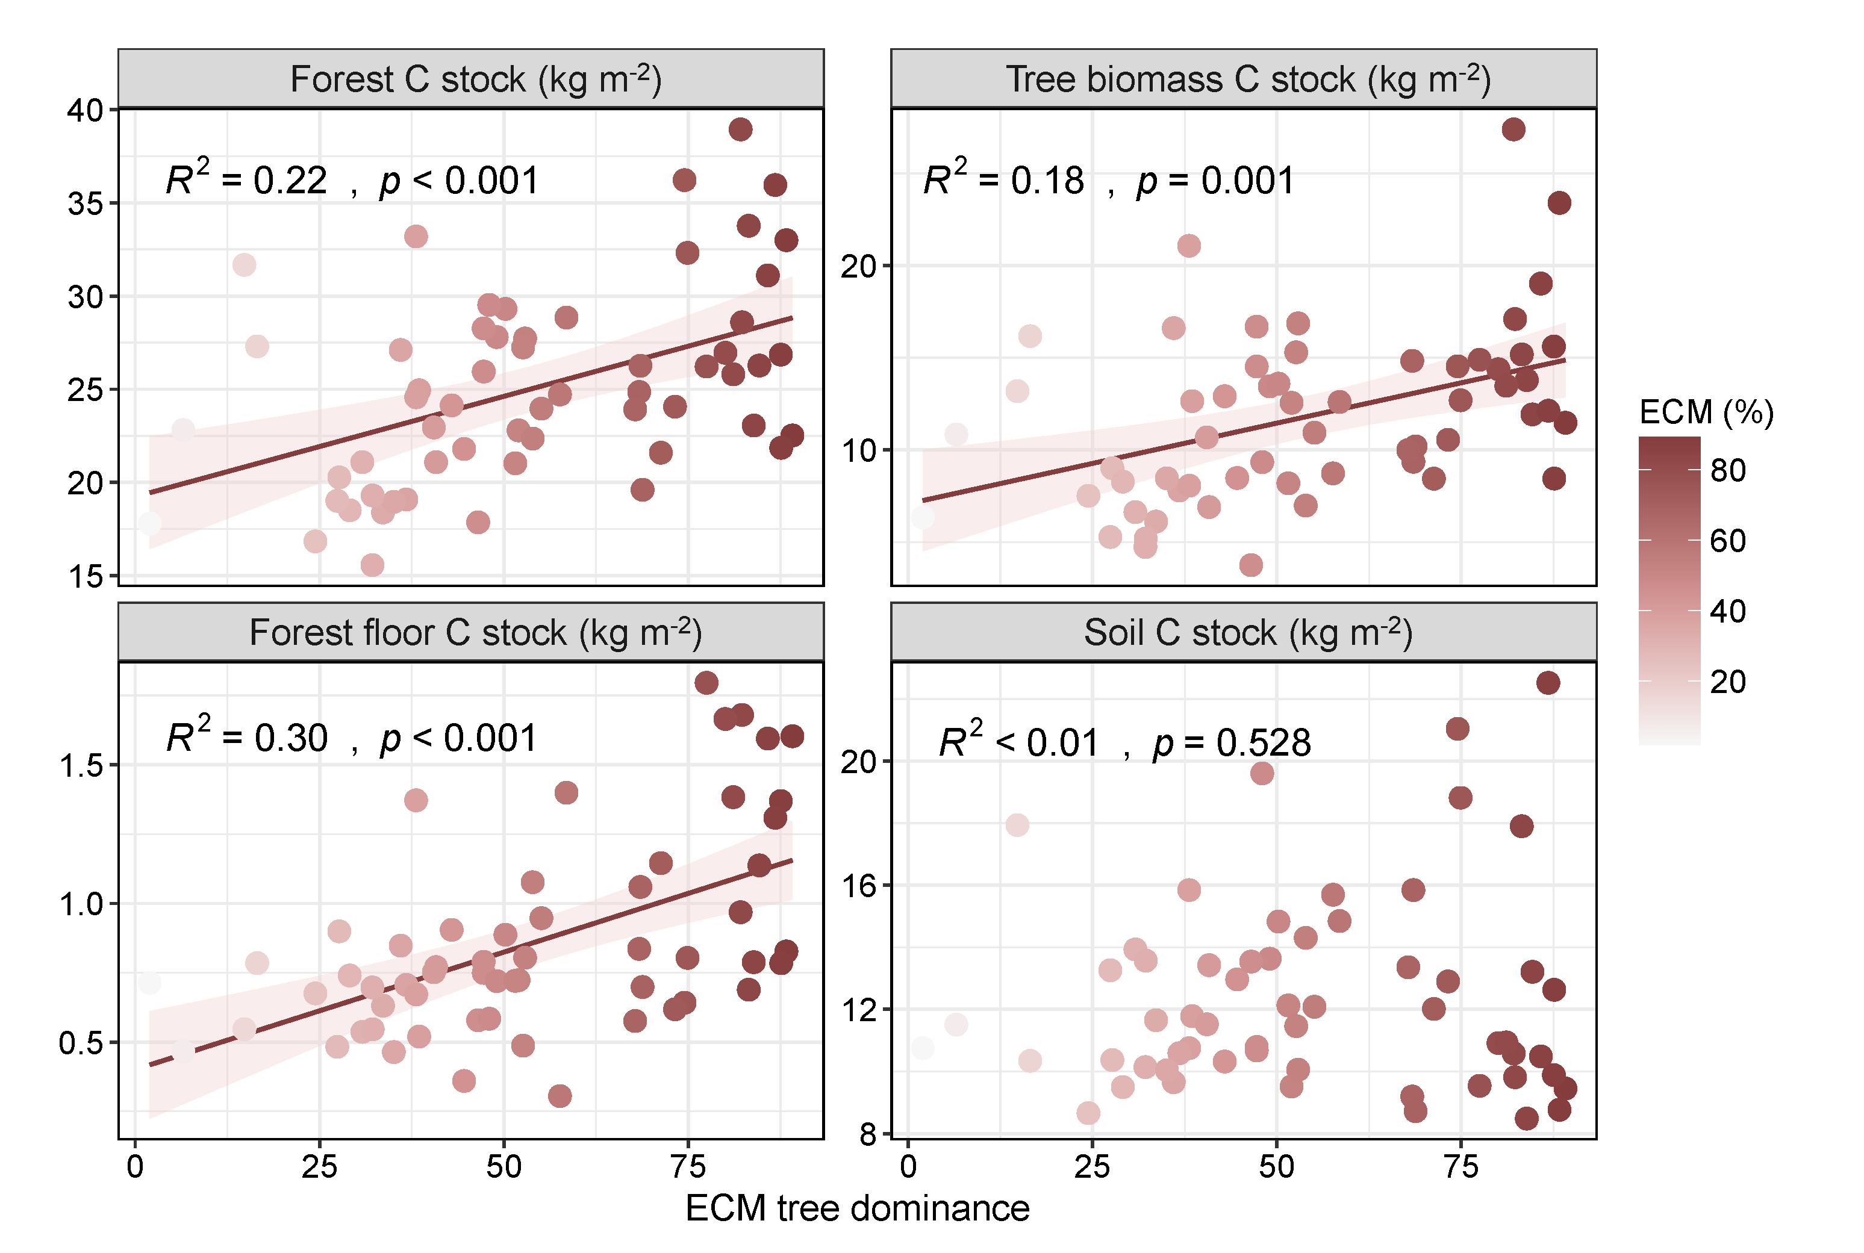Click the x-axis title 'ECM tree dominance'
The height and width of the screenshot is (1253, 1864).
[x=857, y=1208]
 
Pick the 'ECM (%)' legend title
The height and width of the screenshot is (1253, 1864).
[x=1706, y=412]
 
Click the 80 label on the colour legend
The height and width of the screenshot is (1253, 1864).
[x=1727, y=471]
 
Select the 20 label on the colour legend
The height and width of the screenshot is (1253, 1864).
[x=1727, y=682]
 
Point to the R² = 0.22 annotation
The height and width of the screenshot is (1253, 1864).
[x=246, y=179]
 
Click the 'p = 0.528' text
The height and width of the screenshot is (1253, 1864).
[x=1231, y=742]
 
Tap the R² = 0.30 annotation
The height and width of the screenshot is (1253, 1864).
[x=246, y=736]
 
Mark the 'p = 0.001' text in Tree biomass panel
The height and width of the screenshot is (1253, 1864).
[x=1215, y=181]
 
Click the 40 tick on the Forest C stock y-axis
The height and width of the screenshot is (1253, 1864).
[x=86, y=110]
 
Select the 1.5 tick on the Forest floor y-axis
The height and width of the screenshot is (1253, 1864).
[x=81, y=765]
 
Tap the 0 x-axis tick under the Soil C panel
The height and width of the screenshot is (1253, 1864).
[x=908, y=1167]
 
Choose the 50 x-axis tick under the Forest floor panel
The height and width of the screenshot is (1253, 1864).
[x=503, y=1167]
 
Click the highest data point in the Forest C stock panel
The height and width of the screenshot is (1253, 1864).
[x=740, y=129]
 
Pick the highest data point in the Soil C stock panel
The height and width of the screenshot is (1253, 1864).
[x=1548, y=682]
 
